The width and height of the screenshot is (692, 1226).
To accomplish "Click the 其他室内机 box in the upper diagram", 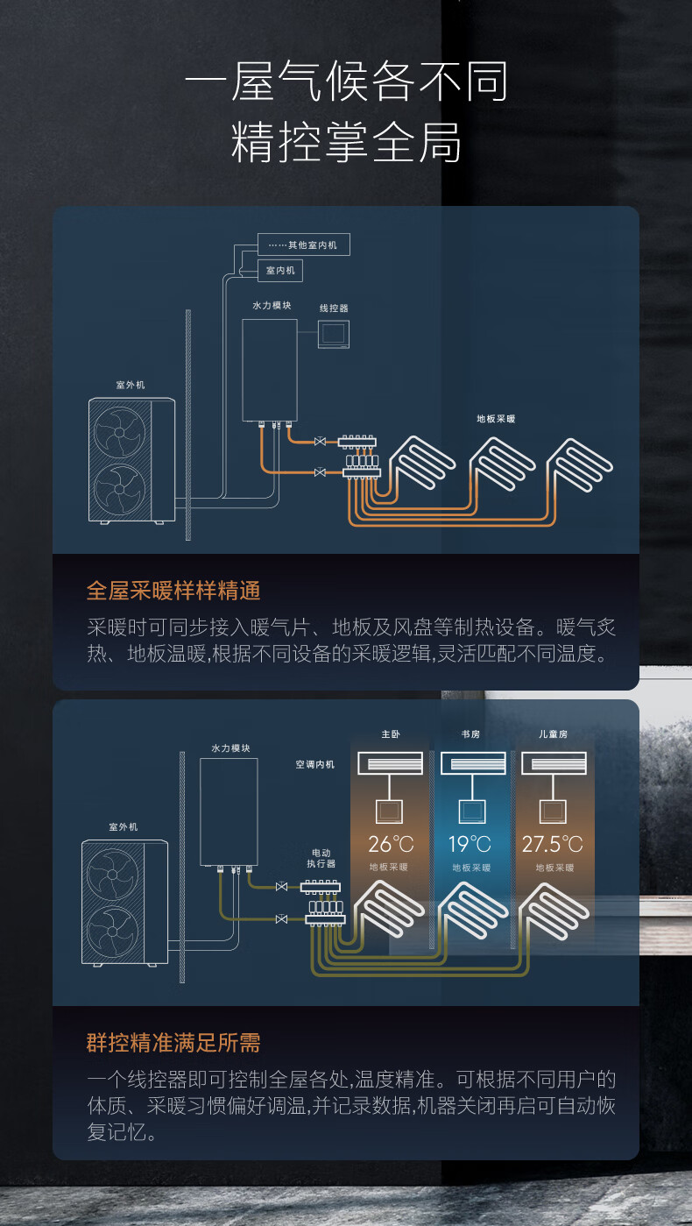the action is [304, 244].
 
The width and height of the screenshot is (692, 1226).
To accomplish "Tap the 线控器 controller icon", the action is [334, 334].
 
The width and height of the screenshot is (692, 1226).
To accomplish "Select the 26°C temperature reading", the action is [391, 844].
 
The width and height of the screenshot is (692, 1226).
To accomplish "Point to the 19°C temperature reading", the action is [470, 844].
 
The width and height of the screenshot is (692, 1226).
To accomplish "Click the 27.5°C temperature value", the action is [553, 844].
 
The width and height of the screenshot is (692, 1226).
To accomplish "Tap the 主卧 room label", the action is [391, 734].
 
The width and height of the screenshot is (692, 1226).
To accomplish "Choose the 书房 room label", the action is [470, 734].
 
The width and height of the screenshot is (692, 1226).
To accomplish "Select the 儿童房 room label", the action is [553, 734].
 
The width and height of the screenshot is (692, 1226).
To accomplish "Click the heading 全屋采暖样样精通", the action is [173, 591].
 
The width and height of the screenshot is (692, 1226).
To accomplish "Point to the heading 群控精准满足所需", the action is [173, 1043].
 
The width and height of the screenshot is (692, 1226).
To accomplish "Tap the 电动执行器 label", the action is [321, 858].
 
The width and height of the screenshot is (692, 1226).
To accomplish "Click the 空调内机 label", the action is [314, 764].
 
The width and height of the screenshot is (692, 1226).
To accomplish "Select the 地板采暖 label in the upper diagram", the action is [496, 419].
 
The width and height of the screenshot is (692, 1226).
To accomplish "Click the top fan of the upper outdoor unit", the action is [120, 432].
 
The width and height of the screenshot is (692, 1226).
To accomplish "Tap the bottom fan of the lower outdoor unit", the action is [113, 932].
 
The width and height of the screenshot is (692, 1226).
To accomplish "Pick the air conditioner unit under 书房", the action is [473, 763].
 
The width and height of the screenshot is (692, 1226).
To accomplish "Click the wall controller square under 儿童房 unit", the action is [553, 811].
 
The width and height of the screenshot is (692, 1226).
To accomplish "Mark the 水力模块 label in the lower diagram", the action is [230, 748].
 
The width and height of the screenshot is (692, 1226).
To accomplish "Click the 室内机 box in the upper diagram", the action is [280, 271].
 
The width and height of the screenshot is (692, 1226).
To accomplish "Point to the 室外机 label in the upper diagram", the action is [131, 385].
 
